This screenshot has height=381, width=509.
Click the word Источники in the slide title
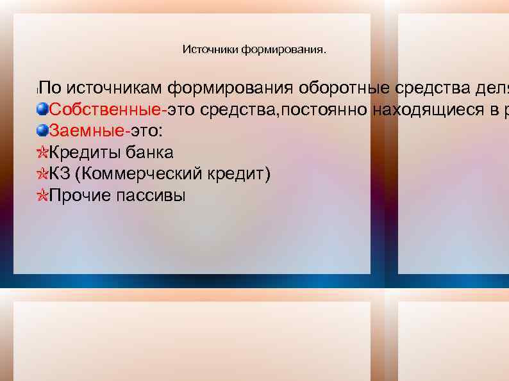point(210,50)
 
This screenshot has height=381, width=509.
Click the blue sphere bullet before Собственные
point(42,109)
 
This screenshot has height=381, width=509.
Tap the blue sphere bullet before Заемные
point(42,131)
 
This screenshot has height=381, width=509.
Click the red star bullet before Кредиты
point(42,153)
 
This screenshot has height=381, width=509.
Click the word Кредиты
point(85,153)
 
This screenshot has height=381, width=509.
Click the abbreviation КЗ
point(60,174)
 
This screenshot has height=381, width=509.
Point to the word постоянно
point(323,109)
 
